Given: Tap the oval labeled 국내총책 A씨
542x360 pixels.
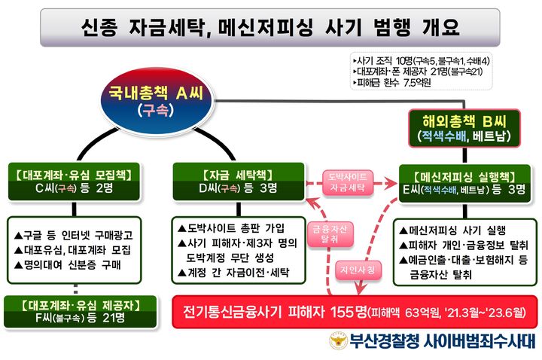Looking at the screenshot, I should pyautogui.click(x=154, y=100).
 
